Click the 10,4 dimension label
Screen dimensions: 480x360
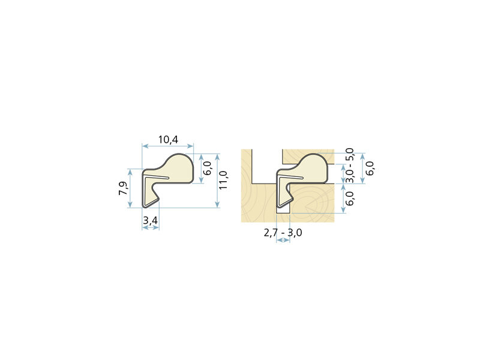[x=168, y=140]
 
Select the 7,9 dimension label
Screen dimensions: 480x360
[x=124, y=188]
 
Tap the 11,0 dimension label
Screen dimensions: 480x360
[x=223, y=180]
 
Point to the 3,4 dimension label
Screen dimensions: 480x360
[x=151, y=220]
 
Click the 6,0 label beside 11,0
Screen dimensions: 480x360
[x=207, y=168]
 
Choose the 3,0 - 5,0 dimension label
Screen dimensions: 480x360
[x=349, y=166]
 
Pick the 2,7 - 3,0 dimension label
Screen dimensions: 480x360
[x=283, y=233]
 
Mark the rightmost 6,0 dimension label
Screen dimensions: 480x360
[x=370, y=169]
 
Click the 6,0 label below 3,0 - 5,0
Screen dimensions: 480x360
[x=349, y=198]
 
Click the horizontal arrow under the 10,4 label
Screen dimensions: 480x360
[x=168, y=146]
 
